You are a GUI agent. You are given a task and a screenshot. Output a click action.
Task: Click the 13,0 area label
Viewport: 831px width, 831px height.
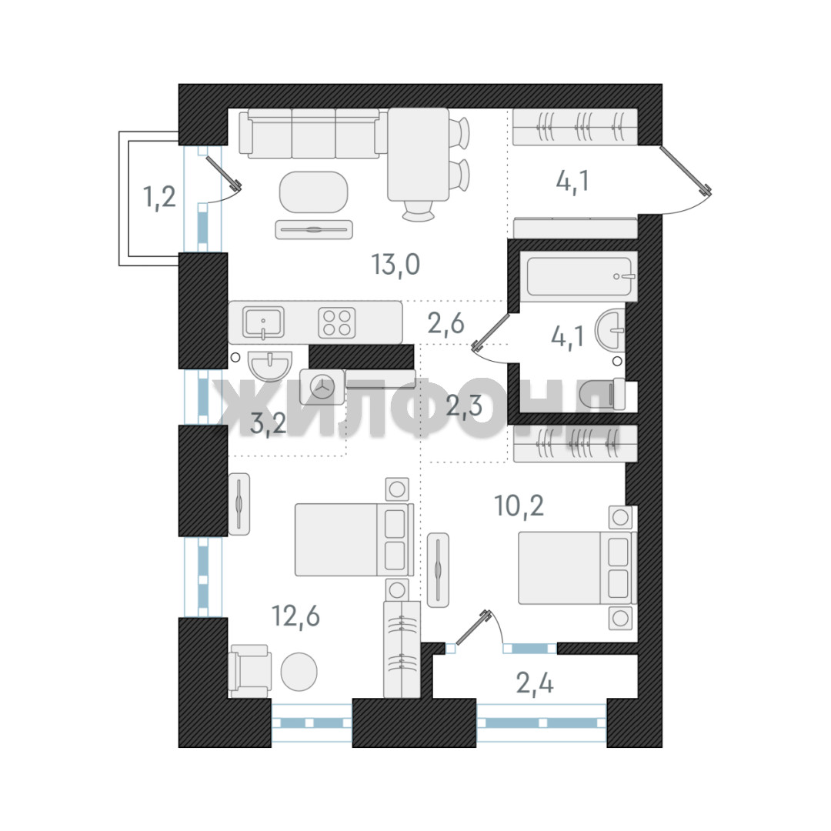pos(396,265)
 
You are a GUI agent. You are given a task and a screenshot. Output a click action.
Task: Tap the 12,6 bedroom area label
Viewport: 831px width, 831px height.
pos(295,616)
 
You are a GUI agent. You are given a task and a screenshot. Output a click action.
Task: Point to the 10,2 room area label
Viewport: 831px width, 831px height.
pos(519,506)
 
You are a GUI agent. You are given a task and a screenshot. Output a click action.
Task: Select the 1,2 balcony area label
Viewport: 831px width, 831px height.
pos(159,197)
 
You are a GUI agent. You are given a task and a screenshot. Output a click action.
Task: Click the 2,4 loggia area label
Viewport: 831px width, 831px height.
pos(535,683)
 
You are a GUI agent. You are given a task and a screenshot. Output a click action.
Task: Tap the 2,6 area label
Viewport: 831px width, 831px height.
pos(446,323)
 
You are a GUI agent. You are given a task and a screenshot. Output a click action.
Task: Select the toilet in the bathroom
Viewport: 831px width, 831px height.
pos(603,394)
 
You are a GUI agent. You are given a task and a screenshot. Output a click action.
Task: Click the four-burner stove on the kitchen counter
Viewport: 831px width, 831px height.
pos(337,322)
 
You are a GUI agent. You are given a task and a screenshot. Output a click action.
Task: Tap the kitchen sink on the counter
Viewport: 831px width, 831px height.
pos(263,322)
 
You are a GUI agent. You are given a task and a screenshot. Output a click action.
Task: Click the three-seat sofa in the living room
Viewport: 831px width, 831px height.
pos(310,134)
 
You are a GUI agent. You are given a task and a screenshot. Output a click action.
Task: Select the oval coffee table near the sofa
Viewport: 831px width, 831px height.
pos(314,192)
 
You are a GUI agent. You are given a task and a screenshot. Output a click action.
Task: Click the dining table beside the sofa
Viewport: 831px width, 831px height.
pos(419,155)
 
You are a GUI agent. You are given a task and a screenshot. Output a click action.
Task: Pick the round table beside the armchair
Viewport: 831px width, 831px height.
pos(299,672)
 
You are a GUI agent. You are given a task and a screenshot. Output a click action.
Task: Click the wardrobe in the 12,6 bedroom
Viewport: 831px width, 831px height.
pos(402,649)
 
